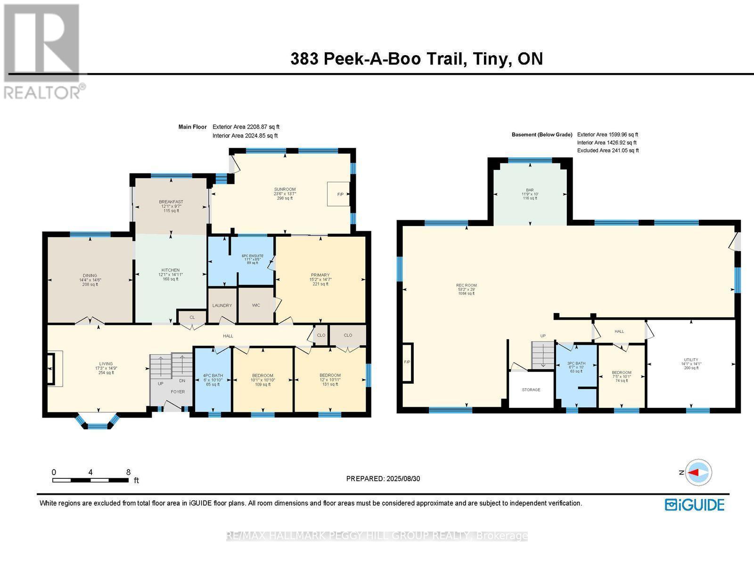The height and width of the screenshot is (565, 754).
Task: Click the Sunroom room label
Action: pyautogui.click(x=285, y=194)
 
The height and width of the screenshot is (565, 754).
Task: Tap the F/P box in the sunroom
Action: pyautogui.click(x=339, y=194)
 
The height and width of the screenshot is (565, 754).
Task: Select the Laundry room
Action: pyautogui.click(x=222, y=305)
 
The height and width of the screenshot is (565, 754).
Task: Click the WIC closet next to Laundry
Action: pyautogui.click(x=256, y=305)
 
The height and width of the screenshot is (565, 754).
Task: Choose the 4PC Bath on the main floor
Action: pyautogui.click(x=213, y=379)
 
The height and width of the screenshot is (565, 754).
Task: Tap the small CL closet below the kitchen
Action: pyautogui.click(x=192, y=317)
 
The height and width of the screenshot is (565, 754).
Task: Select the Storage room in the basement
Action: pyautogui.click(x=531, y=390)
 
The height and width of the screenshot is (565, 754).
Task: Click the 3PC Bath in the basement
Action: pyautogui.click(x=576, y=367)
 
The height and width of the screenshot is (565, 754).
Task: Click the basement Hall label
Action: pyautogui.click(x=619, y=331)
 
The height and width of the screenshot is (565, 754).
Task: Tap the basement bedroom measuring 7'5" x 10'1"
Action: pyautogui.click(x=622, y=376)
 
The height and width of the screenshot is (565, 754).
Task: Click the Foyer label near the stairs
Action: pyautogui.click(x=178, y=392)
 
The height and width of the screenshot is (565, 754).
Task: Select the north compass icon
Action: pyautogui.click(x=699, y=472)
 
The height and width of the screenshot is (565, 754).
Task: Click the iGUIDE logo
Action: pyautogui.click(x=695, y=505)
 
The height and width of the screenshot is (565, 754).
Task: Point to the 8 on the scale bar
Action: pyautogui.click(x=128, y=472)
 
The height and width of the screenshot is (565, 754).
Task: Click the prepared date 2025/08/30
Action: pyautogui.click(x=403, y=478)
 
